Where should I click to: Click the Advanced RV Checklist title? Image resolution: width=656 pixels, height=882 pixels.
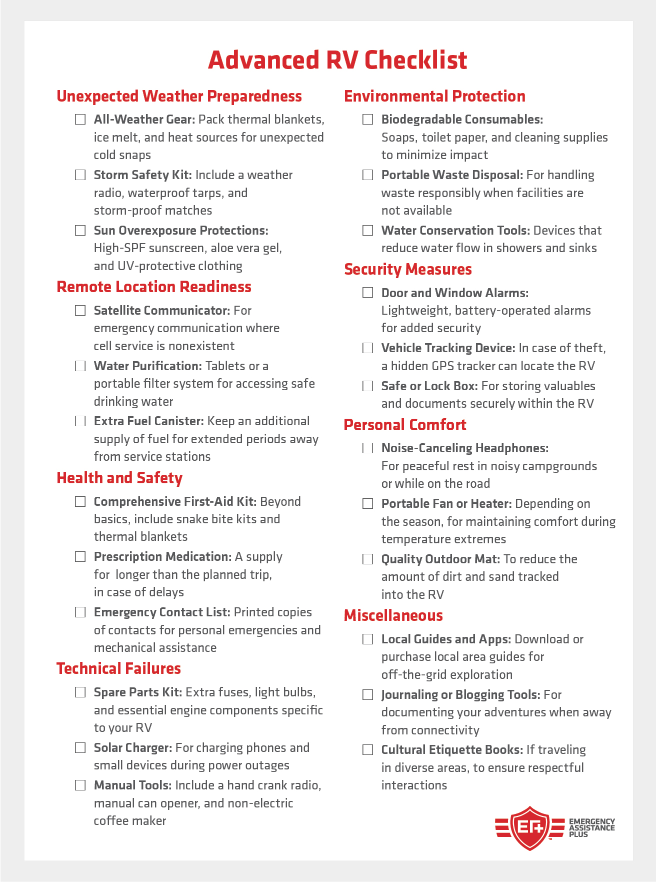click(x=337, y=60)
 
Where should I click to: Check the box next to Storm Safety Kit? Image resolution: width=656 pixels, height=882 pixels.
click(x=80, y=175)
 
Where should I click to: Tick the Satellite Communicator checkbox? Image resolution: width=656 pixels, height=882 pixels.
click(x=80, y=311)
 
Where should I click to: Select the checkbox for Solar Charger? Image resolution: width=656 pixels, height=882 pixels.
click(x=80, y=748)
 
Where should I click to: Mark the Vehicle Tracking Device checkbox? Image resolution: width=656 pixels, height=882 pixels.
click(x=368, y=348)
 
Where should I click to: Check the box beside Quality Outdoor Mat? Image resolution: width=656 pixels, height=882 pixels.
click(x=368, y=559)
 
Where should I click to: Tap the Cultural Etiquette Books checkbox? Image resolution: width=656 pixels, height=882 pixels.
click(x=368, y=750)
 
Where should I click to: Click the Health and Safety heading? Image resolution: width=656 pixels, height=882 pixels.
click(x=119, y=478)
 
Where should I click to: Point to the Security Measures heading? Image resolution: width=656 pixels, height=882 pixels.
click(x=408, y=269)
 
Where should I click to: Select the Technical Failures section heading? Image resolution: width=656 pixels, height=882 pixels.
click(x=118, y=668)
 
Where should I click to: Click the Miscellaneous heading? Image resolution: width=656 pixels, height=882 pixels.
click(x=393, y=615)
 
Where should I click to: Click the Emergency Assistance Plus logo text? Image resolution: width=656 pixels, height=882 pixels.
click(x=592, y=828)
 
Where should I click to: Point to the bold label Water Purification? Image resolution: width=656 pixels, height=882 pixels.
click(x=147, y=366)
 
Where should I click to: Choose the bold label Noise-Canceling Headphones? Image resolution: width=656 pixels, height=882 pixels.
click(x=465, y=448)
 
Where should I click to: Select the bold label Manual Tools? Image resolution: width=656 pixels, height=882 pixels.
click(x=133, y=785)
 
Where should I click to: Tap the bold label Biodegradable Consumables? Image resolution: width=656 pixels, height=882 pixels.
click(x=462, y=120)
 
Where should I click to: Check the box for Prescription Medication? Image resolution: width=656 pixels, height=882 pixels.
click(x=80, y=557)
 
